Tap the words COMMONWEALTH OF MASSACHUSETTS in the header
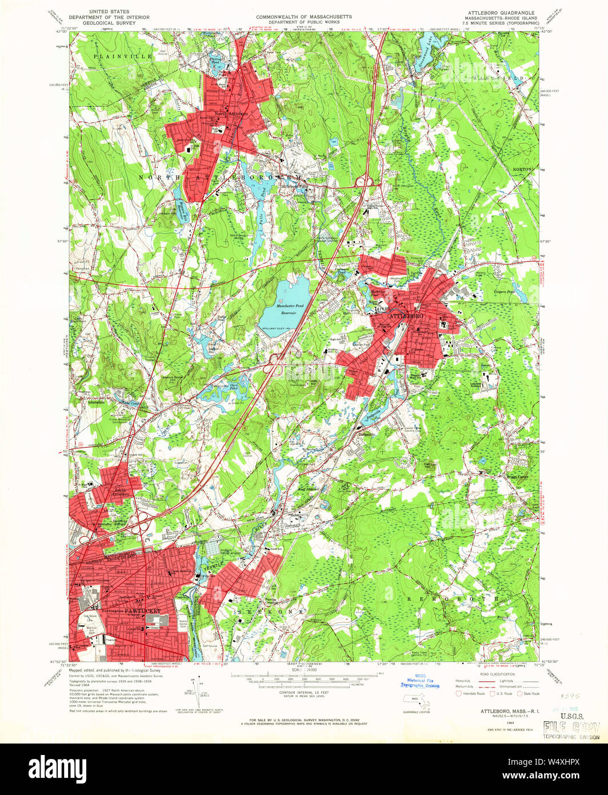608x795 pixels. (x=303, y=17)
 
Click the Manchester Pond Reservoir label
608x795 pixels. (x=290, y=308)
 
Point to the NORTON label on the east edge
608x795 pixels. (x=526, y=169)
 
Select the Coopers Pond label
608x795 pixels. (x=504, y=292)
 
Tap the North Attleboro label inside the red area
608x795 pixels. (x=231, y=114)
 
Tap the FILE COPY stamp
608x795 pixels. (x=571, y=727)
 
